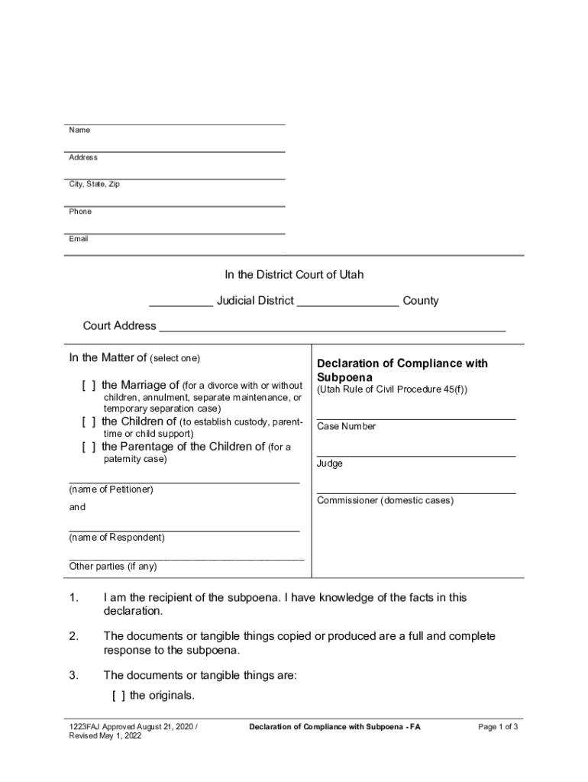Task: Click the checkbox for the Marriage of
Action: click(x=89, y=385)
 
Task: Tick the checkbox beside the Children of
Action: click(x=89, y=422)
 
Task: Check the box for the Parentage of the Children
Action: click(x=89, y=447)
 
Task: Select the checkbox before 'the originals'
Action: click(x=118, y=696)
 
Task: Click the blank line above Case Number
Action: click(x=415, y=418)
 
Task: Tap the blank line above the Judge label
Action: click(x=415, y=456)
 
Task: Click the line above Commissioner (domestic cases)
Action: click(x=415, y=493)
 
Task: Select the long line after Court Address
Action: click(x=332, y=330)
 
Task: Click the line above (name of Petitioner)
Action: click(x=184, y=482)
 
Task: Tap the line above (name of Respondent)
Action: click(x=184, y=530)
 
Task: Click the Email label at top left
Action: click(x=79, y=239)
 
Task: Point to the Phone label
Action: click(x=80, y=212)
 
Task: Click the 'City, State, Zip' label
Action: click(x=94, y=185)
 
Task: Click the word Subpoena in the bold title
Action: click(x=344, y=377)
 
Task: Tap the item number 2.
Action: click(x=74, y=636)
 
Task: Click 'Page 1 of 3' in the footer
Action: click(x=498, y=727)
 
